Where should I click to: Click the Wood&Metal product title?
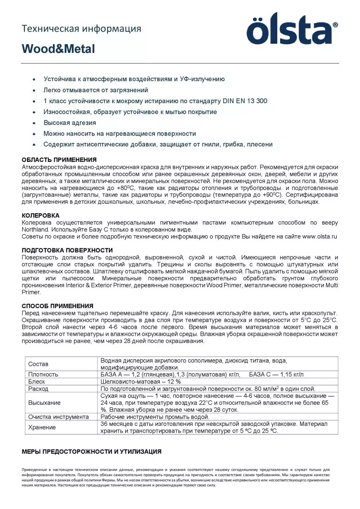point(58,49)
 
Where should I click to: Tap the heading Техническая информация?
point(81,28)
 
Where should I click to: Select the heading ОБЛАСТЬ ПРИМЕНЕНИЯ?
point(59,160)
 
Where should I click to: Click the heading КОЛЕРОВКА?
point(41,216)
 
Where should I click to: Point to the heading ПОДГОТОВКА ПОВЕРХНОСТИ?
point(67,250)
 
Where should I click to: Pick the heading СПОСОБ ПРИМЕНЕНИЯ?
point(57,306)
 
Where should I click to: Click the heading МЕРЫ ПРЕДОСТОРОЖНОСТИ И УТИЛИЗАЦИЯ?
point(91,452)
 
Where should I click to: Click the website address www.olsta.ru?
point(319,237)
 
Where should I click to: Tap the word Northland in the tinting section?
point(35,230)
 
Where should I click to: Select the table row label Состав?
point(38,364)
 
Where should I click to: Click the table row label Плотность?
point(43,374)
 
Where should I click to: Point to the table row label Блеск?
point(36,381)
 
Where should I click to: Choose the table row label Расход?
point(38,389)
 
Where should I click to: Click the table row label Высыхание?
point(44,403)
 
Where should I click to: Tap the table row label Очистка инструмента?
point(58,417)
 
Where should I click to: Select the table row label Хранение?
point(42,427)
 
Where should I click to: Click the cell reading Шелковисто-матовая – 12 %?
point(141,381)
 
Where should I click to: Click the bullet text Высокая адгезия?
point(69,123)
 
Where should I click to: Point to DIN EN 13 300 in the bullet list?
point(245,101)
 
